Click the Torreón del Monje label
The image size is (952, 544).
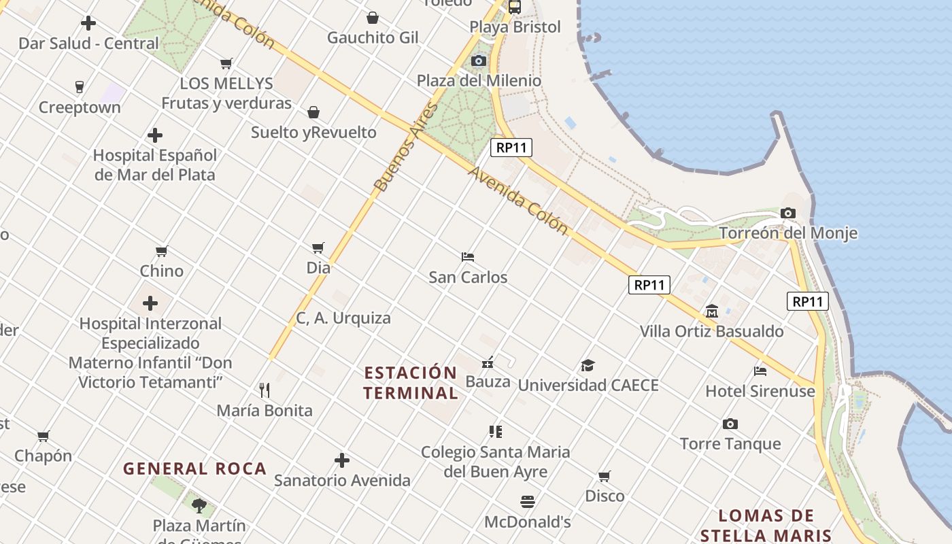click(787, 233)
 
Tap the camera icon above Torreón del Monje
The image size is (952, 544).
click(788, 214)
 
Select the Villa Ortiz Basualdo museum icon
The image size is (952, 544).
click(712, 311)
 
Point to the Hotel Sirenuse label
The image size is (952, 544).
click(760, 391)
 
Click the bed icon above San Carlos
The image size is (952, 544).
click(468, 257)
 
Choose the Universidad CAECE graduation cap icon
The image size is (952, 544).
click(588, 366)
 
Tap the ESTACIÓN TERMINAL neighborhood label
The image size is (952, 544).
click(411, 383)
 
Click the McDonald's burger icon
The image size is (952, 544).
click(528, 502)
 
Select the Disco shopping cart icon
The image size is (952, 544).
click(605, 476)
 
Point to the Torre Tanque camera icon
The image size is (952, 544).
click(730, 424)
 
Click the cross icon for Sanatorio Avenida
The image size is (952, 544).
click(342, 461)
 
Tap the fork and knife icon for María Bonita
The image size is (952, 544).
click(265, 390)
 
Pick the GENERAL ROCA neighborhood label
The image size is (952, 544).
click(194, 469)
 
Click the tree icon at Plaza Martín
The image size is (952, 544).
click(199, 505)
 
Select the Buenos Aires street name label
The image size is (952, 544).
click(406, 148)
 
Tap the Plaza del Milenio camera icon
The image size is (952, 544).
click(479, 61)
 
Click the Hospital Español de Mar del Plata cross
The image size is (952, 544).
click(155, 135)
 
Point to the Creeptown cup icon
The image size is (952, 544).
click(80, 87)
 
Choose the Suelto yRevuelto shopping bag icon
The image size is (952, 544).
click(313, 112)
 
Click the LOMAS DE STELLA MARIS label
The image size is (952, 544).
click(766, 525)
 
